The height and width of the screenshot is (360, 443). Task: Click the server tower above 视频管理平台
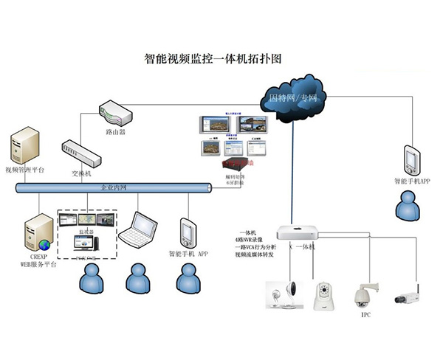(x=24, y=145)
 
